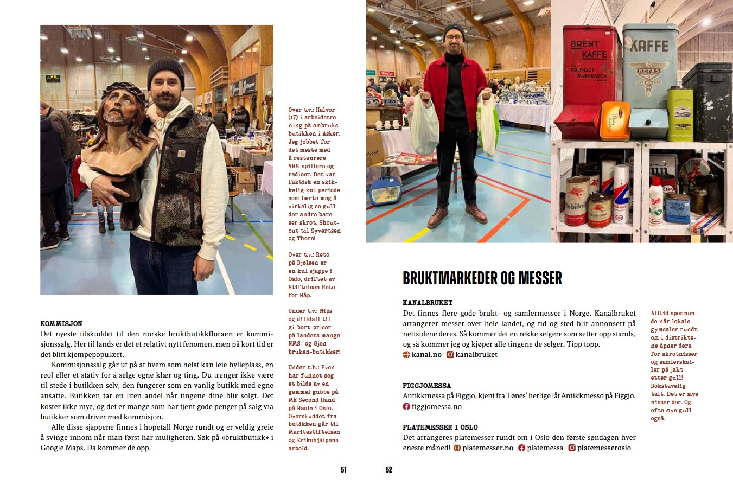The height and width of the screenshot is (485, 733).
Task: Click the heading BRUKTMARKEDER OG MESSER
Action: [482, 278]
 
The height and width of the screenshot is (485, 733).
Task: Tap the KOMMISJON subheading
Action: [61, 323]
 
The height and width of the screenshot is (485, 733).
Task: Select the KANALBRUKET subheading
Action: [428, 303]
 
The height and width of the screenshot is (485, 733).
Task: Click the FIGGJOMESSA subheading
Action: [426, 386]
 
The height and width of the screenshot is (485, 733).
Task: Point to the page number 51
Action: [343, 470]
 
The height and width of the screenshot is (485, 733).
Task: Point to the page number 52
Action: [388, 470]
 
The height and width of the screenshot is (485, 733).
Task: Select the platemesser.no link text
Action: [487, 448]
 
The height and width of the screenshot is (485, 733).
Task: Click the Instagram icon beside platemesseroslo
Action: [571, 448]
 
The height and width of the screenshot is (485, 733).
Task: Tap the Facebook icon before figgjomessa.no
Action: [406, 406]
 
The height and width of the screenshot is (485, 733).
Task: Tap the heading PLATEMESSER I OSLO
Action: [440, 427]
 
